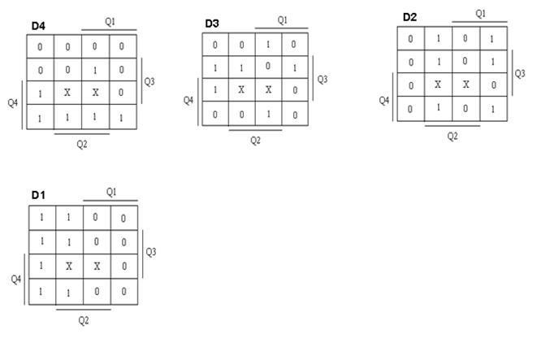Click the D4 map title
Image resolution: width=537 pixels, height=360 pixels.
point(38,26)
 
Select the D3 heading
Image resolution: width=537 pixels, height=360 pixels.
point(212,24)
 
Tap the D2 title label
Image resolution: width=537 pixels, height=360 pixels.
point(409,17)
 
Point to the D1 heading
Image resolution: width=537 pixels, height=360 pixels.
point(38,195)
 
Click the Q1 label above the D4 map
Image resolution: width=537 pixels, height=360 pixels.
point(110,22)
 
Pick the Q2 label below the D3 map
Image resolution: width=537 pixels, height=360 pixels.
point(255,141)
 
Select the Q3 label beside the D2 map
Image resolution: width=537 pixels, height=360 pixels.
point(520,74)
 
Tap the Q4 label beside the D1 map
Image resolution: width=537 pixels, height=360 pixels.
point(16,280)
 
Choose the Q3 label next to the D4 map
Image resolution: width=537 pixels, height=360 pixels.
point(149,81)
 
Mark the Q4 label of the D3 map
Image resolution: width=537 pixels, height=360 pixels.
point(188,101)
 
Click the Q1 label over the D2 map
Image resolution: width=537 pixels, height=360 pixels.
point(480,14)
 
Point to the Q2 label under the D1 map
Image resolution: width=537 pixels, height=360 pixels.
point(84,321)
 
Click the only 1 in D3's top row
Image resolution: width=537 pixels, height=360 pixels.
point(268,45)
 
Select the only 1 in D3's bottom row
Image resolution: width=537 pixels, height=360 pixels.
point(268,114)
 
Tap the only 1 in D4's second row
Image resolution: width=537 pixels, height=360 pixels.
point(95,70)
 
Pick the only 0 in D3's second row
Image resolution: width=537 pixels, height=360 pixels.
point(268,66)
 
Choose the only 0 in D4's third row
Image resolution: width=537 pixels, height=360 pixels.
point(121,93)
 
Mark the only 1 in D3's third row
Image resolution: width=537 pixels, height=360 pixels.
point(215,89)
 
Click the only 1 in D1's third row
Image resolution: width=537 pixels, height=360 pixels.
point(41,266)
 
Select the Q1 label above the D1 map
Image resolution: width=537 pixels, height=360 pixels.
point(111,192)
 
